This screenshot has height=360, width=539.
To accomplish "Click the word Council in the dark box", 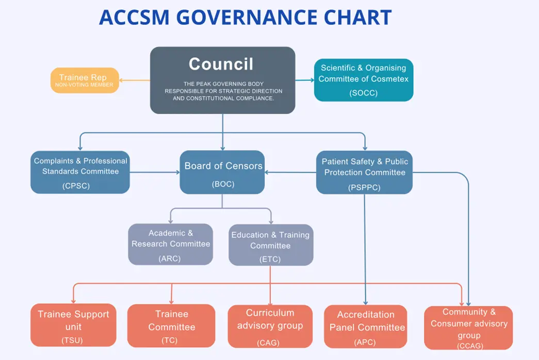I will click(221, 64).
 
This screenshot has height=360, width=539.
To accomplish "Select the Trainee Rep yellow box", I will click(85, 80).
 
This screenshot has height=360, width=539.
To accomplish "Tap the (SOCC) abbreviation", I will click(364, 93).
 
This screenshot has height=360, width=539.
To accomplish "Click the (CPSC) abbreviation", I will click(77, 186).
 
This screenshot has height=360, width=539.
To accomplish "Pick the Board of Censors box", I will click(222, 172).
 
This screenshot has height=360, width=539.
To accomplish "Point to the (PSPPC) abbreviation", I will click(365, 187).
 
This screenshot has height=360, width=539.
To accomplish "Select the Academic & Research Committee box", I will click(171, 244).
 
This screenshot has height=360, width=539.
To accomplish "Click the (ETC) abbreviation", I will click(270, 259).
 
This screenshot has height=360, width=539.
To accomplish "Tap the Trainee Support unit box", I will click(73, 324).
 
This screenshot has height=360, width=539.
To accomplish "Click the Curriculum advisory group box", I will click(270, 326).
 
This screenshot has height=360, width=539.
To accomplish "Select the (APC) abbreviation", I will click(365, 341).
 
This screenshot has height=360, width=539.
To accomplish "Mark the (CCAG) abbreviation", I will click(469, 346).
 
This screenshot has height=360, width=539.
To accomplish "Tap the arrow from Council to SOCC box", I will click(305, 80).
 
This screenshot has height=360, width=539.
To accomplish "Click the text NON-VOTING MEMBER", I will click(84, 85).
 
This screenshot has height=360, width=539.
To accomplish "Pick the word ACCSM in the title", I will click(135, 18).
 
